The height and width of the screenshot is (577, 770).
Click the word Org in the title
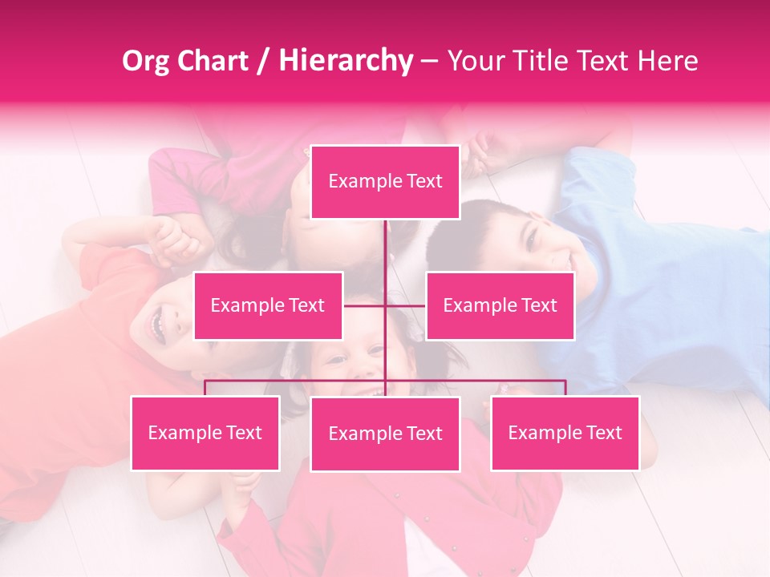146,61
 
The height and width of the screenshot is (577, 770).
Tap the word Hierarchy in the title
346,61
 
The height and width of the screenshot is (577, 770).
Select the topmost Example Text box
385,182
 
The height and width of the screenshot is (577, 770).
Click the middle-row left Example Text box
268,305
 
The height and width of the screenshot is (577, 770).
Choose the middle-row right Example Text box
500,305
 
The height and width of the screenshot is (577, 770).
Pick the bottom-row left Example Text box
205,433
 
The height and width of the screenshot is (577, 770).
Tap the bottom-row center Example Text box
385,434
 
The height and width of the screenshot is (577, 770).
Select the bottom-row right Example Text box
565,433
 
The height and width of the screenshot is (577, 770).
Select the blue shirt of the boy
658,297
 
